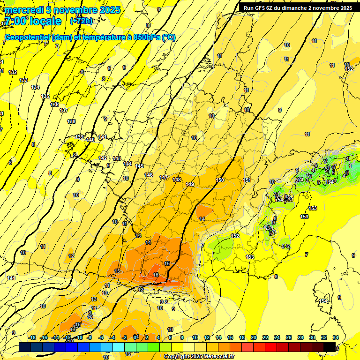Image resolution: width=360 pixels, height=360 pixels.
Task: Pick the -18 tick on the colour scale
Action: (x=32, y=337)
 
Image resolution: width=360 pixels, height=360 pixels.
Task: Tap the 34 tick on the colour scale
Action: (x=336, y=337)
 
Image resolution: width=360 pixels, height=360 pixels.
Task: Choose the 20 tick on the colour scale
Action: (x=254, y=337)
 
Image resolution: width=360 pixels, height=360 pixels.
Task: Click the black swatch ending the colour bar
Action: (x=330, y=347)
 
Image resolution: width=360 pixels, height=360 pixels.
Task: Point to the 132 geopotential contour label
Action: (x=13, y=72)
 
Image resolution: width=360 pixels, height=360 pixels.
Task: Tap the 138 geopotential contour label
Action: (x=71, y=121)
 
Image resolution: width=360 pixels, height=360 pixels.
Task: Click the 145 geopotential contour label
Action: (x=139, y=166)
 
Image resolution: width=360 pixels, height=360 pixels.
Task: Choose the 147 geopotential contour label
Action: (x=164, y=177)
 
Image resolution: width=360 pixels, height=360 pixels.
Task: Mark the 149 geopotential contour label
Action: (x=190, y=184)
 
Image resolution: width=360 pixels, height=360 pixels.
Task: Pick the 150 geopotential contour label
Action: (x=220, y=180)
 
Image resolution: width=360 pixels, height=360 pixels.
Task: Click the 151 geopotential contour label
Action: (x=247, y=180)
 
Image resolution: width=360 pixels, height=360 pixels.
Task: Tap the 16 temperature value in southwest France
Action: (x=156, y=275)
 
